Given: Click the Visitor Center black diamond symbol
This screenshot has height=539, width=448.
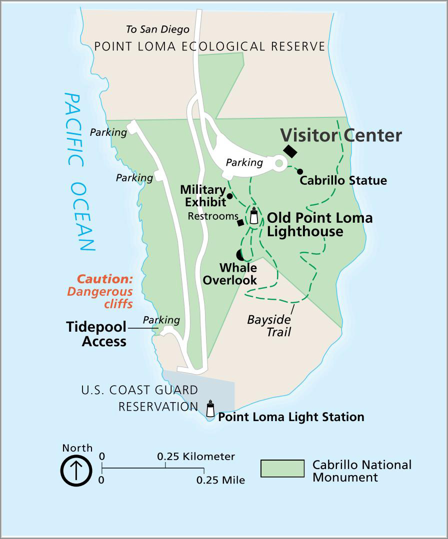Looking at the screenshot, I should tap(290, 151).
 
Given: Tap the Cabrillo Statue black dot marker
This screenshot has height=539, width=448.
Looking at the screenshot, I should tap(300, 172).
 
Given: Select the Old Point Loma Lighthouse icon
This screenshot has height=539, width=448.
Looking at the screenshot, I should tap(254, 216).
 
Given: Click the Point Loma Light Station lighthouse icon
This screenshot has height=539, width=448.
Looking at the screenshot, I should tap(210, 409).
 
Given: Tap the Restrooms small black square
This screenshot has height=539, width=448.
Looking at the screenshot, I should tap(240, 223).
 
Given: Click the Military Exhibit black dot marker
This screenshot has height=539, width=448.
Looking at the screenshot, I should tap(229, 196).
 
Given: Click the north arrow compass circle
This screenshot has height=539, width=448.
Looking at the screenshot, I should tap(76, 471).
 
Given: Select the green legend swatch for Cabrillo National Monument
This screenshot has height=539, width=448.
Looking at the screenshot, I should tap(282, 469).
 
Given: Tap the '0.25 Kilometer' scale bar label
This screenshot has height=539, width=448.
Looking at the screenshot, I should tap(196, 457).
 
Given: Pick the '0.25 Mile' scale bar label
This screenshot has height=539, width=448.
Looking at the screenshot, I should tap(220, 481).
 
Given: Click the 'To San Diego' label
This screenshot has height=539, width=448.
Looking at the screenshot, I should tap(157, 29).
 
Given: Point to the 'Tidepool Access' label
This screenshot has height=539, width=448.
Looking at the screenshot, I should tap(96, 334).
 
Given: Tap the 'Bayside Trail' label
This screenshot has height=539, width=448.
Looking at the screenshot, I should tap(269, 325).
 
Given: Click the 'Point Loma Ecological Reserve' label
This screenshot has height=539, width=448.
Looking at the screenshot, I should tap(209, 46).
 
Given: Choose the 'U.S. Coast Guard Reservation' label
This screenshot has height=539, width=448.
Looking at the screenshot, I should tap(139, 398).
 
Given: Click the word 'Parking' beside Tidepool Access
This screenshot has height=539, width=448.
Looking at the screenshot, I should tap(161, 320).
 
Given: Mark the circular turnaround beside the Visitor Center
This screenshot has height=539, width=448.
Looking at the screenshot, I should tap(279, 163).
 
